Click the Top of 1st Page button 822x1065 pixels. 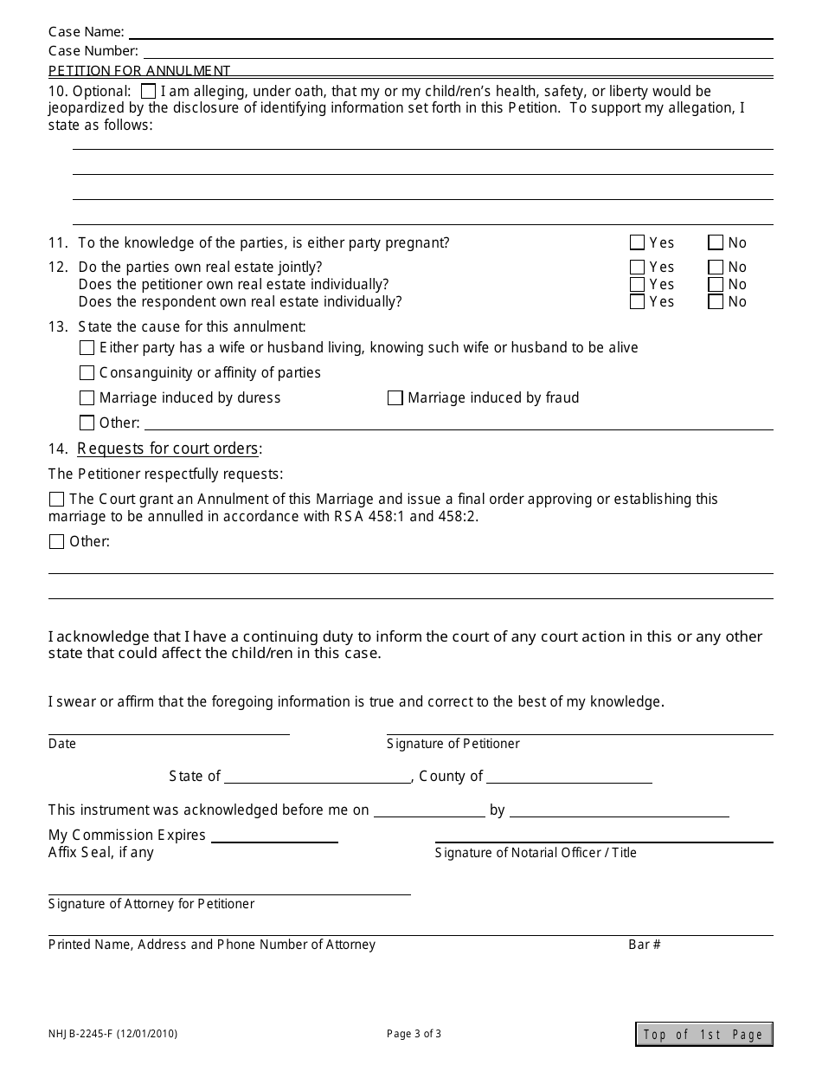pos(703,1034)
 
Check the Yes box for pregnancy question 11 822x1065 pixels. pos(638,242)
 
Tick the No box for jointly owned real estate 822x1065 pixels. pos(716,267)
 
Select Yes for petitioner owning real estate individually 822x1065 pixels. pos(638,284)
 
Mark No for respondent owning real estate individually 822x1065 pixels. pos(716,301)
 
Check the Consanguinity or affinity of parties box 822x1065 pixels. pos(87,372)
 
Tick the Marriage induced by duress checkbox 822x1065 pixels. pos(87,397)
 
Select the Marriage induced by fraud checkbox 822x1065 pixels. pos(395,397)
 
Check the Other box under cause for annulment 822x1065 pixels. pos(87,423)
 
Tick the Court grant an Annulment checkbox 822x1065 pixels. pos(56,499)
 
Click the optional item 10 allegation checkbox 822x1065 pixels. pos(148,91)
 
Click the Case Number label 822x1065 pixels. pos(93,51)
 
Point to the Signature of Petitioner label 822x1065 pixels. pos(453,744)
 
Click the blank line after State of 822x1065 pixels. pos(317,778)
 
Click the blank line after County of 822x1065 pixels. pos(568,778)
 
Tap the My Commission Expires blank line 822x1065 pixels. pos(274,836)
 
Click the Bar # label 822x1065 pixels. pos(645,945)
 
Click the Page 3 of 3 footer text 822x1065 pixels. pos(414,1033)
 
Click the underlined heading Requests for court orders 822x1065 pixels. pos(169,449)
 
